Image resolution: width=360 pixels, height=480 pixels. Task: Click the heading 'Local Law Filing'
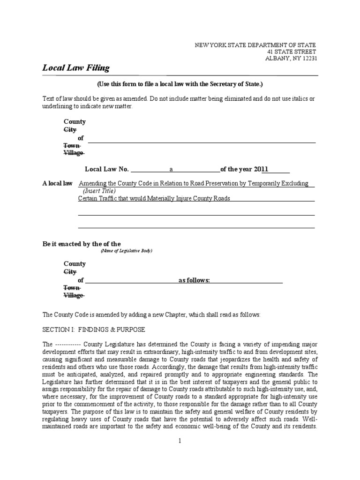click(76, 68)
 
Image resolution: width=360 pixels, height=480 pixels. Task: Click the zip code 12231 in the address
click(307, 59)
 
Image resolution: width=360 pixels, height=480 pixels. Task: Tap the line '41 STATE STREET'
click(292, 52)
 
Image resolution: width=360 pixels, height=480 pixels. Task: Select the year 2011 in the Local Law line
click(261, 169)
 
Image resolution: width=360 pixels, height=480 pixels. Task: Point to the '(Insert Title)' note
click(99, 191)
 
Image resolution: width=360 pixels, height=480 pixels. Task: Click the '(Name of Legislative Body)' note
click(127, 251)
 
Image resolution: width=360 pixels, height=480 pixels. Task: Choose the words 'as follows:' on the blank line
click(194, 280)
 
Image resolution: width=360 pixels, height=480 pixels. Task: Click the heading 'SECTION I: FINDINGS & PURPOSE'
click(94, 329)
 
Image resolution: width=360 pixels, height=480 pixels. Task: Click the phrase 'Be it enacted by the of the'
click(82, 244)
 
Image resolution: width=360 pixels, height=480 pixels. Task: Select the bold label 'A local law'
click(58, 184)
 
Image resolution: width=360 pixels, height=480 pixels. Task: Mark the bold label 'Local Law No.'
click(106, 169)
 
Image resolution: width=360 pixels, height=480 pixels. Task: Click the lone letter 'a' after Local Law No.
click(171, 169)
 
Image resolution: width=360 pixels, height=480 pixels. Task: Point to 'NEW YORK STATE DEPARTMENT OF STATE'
click(255, 45)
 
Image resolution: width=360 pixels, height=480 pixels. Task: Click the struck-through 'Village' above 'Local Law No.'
click(74, 153)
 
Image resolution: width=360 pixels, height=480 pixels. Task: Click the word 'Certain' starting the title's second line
click(88, 198)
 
